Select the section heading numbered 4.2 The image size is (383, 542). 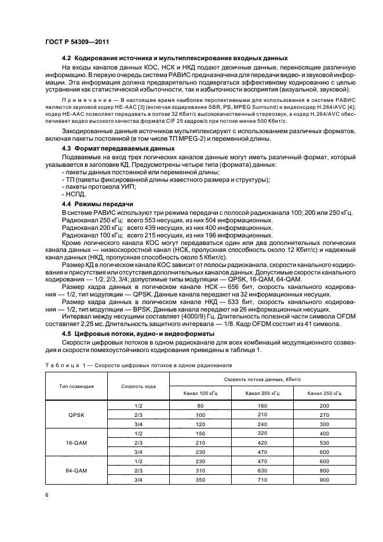point(174,60)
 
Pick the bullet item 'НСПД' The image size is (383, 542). point(72,195)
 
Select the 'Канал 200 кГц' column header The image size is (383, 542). point(262,393)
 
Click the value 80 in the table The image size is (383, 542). point(200,406)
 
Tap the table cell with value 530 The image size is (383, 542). point(324,442)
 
